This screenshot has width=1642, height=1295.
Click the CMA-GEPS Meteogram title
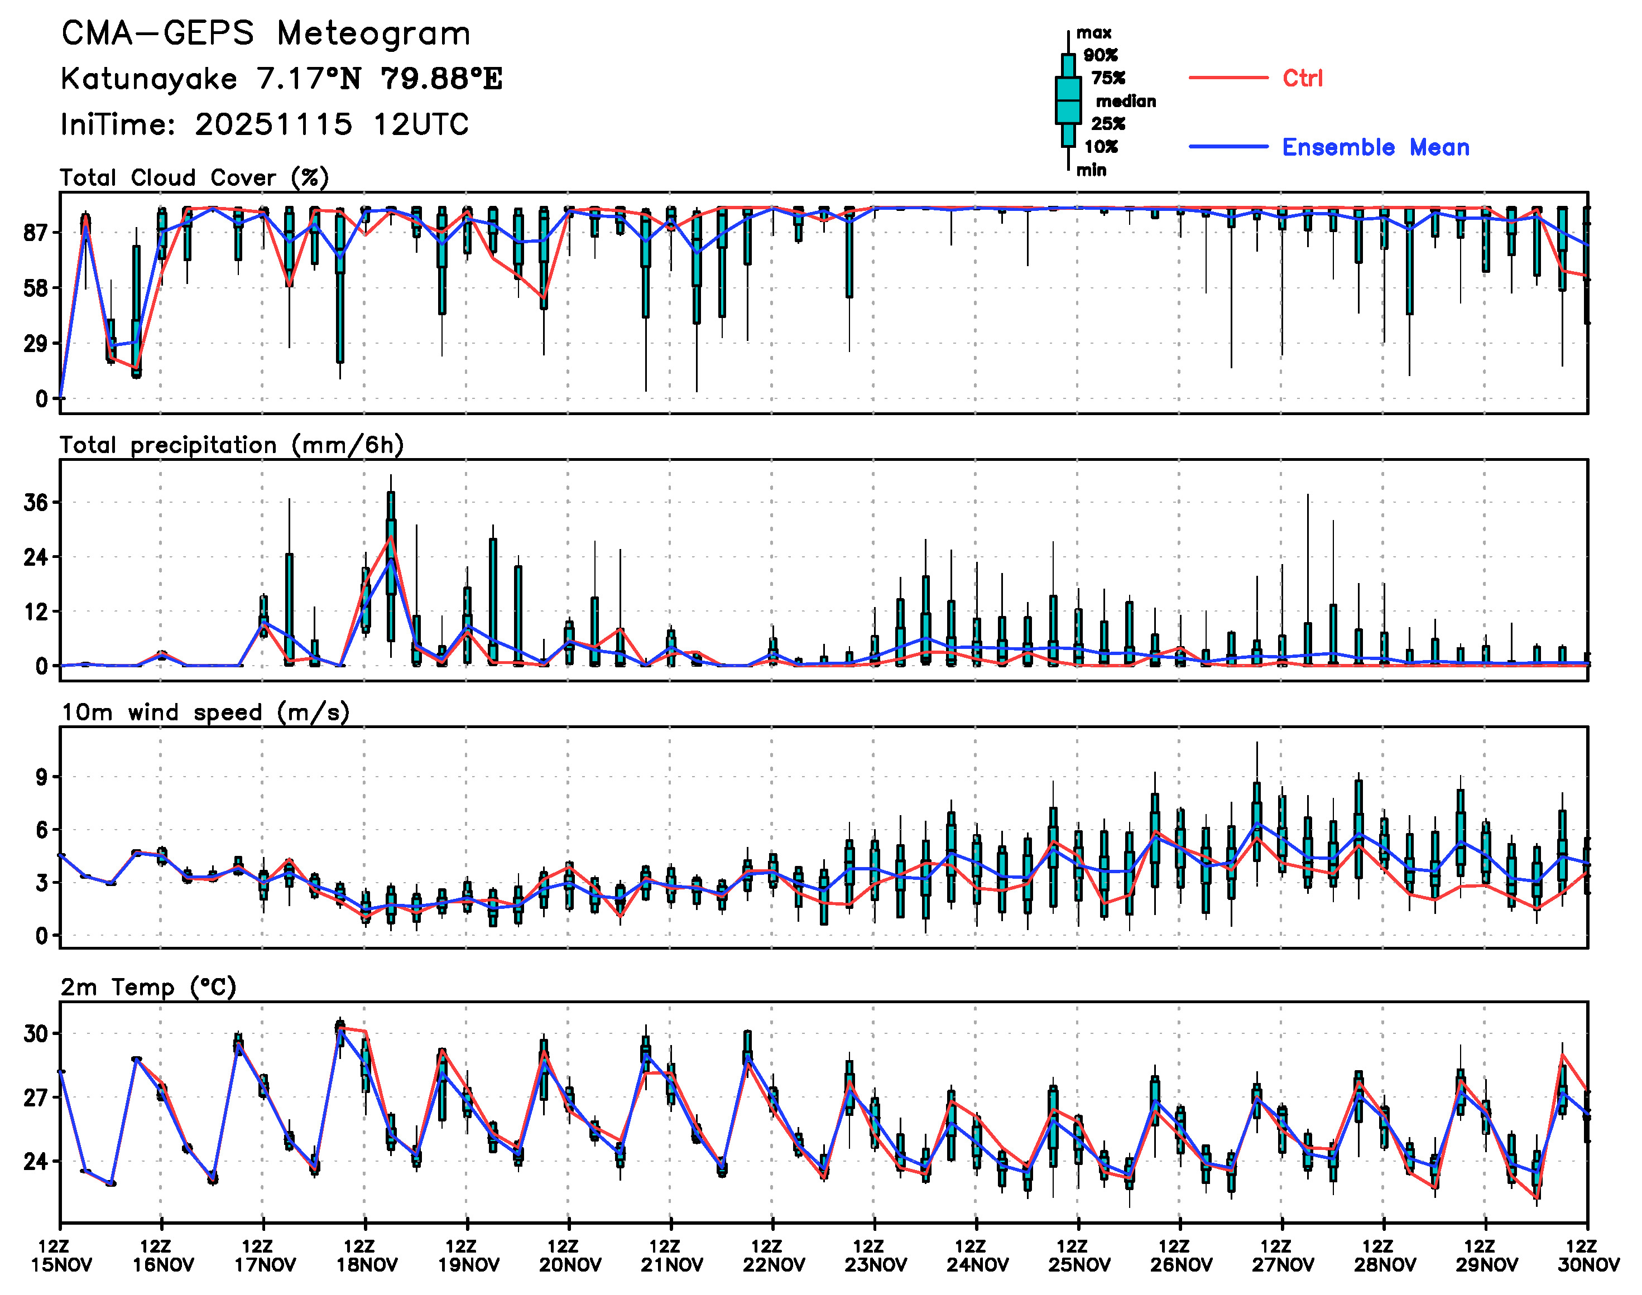coord(266,33)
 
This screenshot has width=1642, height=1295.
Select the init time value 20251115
coord(273,124)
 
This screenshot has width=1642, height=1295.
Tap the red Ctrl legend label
coord(1302,78)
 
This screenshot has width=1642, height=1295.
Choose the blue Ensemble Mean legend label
coord(1375,147)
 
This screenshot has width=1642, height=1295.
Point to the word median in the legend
coord(1126,101)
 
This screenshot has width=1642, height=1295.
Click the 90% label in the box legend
coord(1101,55)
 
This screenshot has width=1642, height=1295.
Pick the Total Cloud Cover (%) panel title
coord(194,177)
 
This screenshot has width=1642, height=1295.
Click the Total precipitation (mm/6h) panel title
coord(231,445)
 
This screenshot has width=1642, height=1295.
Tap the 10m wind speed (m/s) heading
coord(205,713)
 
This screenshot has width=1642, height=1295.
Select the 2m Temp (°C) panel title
coord(148,987)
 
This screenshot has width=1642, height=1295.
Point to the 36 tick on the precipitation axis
coord(36,503)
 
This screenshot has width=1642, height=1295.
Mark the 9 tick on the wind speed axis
coord(41,777)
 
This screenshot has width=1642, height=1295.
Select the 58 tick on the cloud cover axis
coord(36,288)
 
